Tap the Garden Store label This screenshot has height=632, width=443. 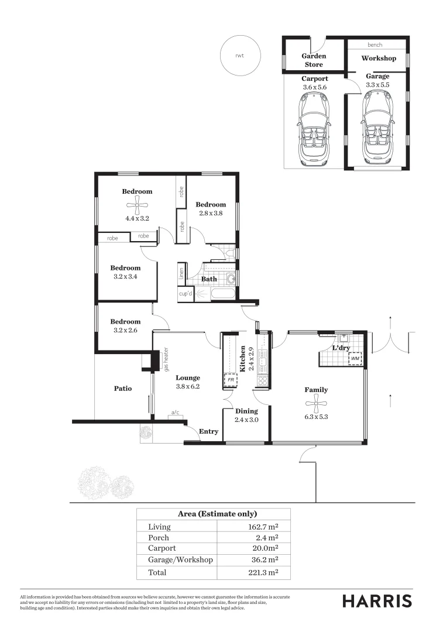pos(313,60)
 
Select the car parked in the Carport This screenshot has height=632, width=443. pos(314,129)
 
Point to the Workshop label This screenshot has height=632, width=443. pos(378,59)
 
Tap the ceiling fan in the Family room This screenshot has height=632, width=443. pos(315,403)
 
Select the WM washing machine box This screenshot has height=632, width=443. pos(355,358)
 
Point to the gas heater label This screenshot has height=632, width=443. pos(166,359)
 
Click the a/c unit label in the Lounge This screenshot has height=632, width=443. pos(174,413)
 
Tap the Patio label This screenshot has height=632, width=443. pos(122,389)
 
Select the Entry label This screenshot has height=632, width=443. pos(209,432)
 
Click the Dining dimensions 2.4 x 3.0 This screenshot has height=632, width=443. pos(246,420)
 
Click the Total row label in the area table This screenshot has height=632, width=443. pos(157,572)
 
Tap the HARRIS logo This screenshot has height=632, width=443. pos(377,601)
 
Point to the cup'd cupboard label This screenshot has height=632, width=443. pos(186,294)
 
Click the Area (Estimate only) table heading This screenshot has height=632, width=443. pos(217,514)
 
